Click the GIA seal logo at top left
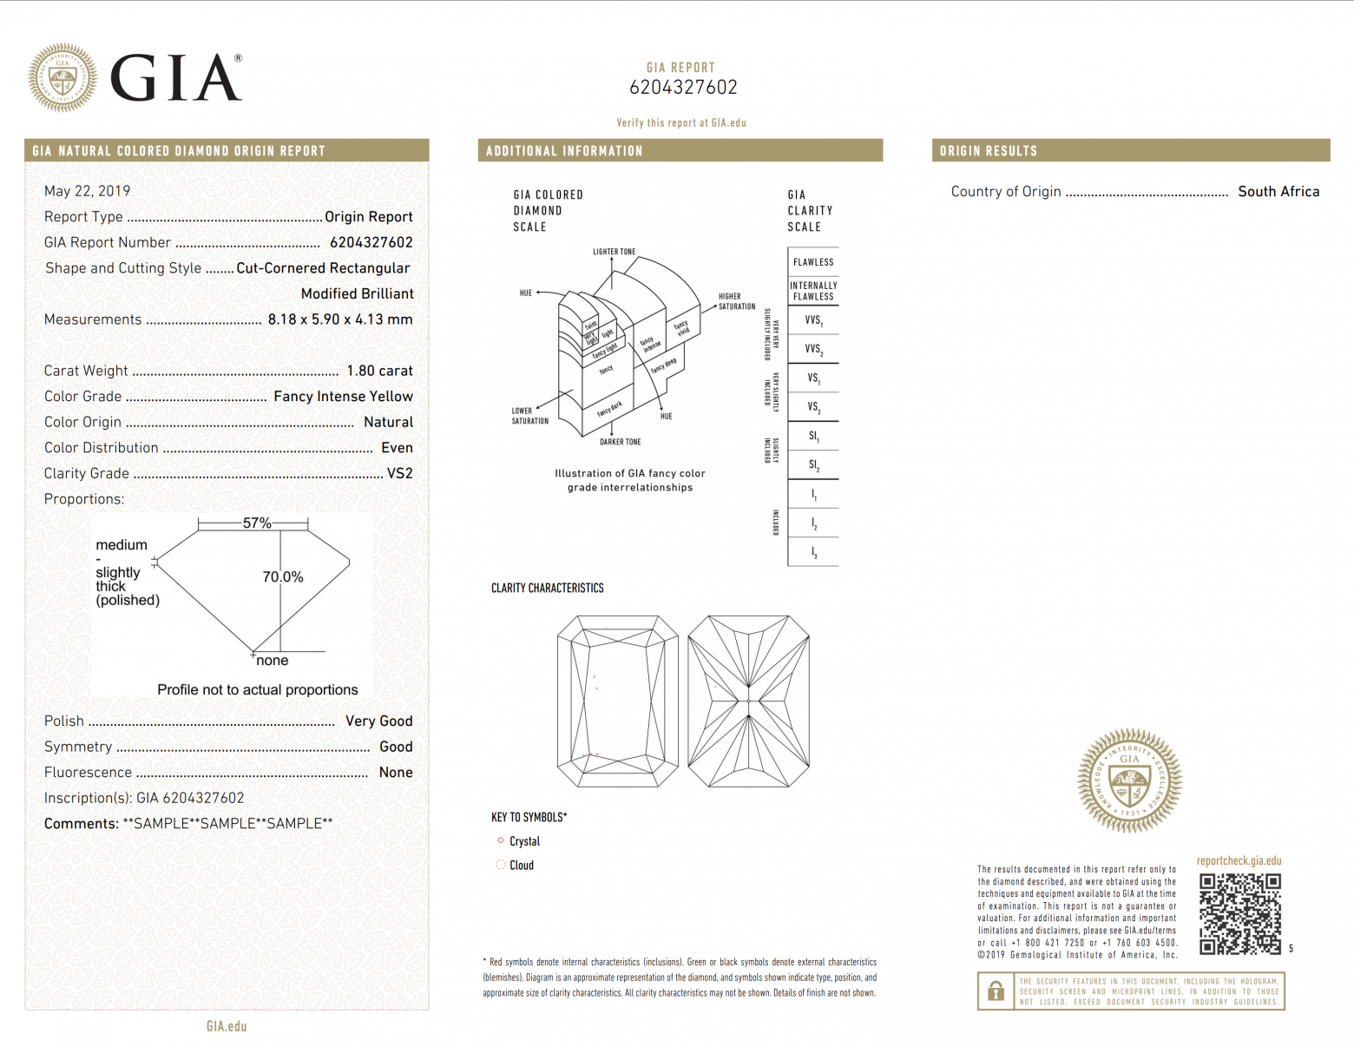click(62, 78)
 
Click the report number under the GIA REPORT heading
click(683, 88)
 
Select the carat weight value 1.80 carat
click(379, 371)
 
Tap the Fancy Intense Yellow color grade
click(343, 397)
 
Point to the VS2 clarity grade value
click(399, 473)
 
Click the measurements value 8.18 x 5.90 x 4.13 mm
click(340, 319)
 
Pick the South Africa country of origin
click(1278, 192)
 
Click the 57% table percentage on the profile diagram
click(257, 523)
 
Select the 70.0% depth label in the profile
click(283, 577)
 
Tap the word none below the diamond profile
click(273, 661)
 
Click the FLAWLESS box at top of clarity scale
click(813, 262)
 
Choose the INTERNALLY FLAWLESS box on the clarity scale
click(813, 291)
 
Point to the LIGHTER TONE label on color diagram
click(615, 252)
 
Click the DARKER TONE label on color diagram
click(621, 442)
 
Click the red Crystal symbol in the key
click(501, 840)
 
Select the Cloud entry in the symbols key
click(521, 866)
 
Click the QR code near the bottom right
click(1240, 913)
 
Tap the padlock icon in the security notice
click(996, 991)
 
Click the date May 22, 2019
click(88, 191)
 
